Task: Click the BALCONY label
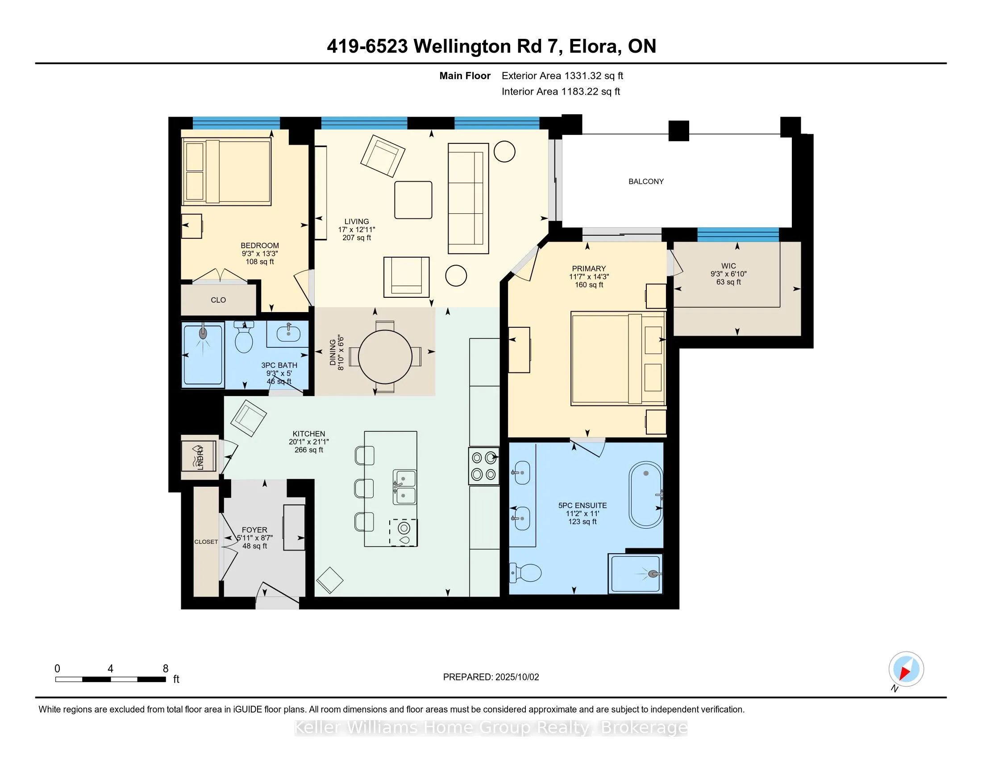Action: coord(646,182)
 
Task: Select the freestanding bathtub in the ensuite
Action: coord(646,495)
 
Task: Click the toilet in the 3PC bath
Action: coord(244,337)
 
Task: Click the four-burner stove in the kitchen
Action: coord(484,466)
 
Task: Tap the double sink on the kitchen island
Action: coord(404,488)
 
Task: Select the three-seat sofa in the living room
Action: coord(468,199)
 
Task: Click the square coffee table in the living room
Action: coord(413,200)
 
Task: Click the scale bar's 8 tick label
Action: coord(166,669)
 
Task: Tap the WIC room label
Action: coord(728,266)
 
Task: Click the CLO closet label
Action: coord(218,300)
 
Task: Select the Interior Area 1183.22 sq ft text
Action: coord(561,92)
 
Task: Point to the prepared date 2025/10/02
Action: coord(516,677)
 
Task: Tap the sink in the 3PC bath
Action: coord(288,334)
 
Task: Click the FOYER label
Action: coord(254,530)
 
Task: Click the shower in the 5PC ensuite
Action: coord(635,574)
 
